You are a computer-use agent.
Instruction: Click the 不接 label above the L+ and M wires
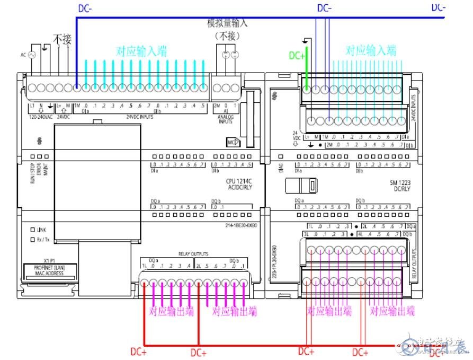(x=62, y=39)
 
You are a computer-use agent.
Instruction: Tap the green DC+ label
(x=297, y=56)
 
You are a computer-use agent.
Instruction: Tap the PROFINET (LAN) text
(x=51, y=267)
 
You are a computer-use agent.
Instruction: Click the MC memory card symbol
(x=233, y=142)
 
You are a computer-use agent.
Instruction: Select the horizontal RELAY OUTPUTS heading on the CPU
(x=193, y=254)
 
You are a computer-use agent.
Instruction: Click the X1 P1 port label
(x=49, y=261)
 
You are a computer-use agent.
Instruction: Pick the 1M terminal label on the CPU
(x=76, y=106)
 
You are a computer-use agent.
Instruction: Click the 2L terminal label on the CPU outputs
(x=198, y=266)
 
